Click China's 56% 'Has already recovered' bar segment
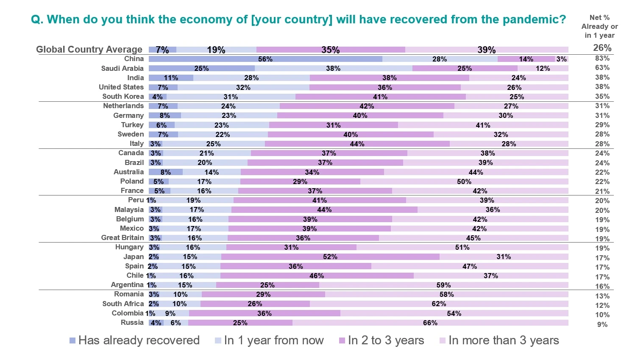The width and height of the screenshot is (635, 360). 265,59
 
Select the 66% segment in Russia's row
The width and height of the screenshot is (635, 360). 430,323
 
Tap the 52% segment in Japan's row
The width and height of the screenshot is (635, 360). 330,257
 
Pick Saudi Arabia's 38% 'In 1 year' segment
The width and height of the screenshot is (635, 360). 333,68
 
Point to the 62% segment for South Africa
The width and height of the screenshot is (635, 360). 439,304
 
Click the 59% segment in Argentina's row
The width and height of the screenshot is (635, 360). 443,285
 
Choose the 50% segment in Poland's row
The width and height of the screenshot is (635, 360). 464,181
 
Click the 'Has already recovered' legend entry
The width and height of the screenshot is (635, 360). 134,340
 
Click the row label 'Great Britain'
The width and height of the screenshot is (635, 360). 123,237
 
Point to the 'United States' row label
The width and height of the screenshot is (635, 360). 121,87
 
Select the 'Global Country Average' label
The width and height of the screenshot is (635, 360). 89,49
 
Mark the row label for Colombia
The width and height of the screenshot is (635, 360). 128,313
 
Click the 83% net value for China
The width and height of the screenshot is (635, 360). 602,59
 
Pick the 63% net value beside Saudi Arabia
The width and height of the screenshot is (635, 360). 602,68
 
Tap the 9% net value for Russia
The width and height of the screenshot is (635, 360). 602,324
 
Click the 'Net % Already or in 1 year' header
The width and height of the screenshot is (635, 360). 599,26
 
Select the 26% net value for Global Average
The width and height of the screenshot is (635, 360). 602,48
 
